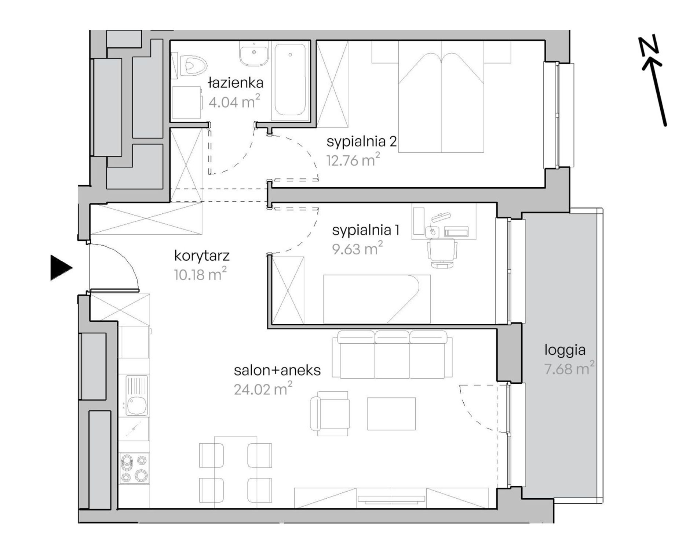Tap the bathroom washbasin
click(254, 54)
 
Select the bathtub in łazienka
click(290, 81)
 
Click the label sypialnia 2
click(362, 141)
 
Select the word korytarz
click(202, 256)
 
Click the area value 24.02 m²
click(263, 388)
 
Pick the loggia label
click(565, 350)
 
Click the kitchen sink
click(136, 395)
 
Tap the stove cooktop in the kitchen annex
click(134, 468)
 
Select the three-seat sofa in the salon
click(392, 354)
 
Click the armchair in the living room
click(329, 413)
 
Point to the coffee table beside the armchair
click(391, 413)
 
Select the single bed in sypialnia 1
click(377, 299)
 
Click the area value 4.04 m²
click(234, 101)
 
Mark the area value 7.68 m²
click(569, 368)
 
